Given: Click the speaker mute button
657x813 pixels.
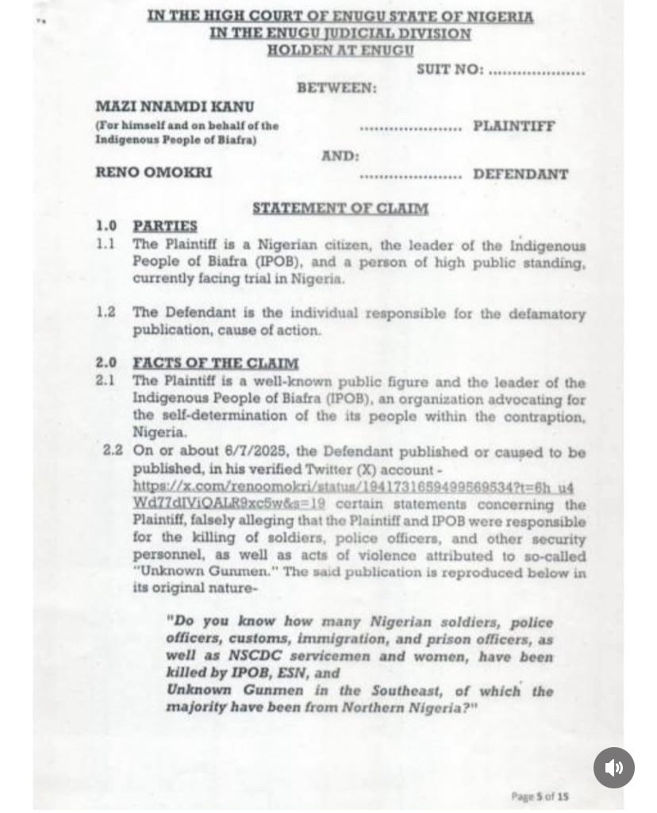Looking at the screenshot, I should (x=613, y=767).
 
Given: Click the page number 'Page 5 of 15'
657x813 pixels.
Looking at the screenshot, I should (x=540, y=796).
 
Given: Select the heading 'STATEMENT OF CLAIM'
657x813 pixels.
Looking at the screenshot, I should (x=340, y=209).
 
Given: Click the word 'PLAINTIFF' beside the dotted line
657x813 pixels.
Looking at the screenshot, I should (x=514, y=125).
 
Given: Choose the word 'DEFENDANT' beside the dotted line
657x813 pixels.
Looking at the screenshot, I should (x=521, y=174).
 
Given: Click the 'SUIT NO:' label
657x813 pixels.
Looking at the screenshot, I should (x=450, y=70).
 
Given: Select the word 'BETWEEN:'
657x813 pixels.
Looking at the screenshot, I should (x=337, y=88).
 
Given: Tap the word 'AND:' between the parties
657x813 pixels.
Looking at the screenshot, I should (x=340, y=156).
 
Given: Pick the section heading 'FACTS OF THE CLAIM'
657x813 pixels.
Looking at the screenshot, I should (x=216, y=363).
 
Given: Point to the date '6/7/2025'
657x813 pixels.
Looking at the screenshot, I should (x=222, y=452).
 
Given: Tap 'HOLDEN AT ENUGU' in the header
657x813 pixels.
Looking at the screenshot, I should (x=340, y=50).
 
